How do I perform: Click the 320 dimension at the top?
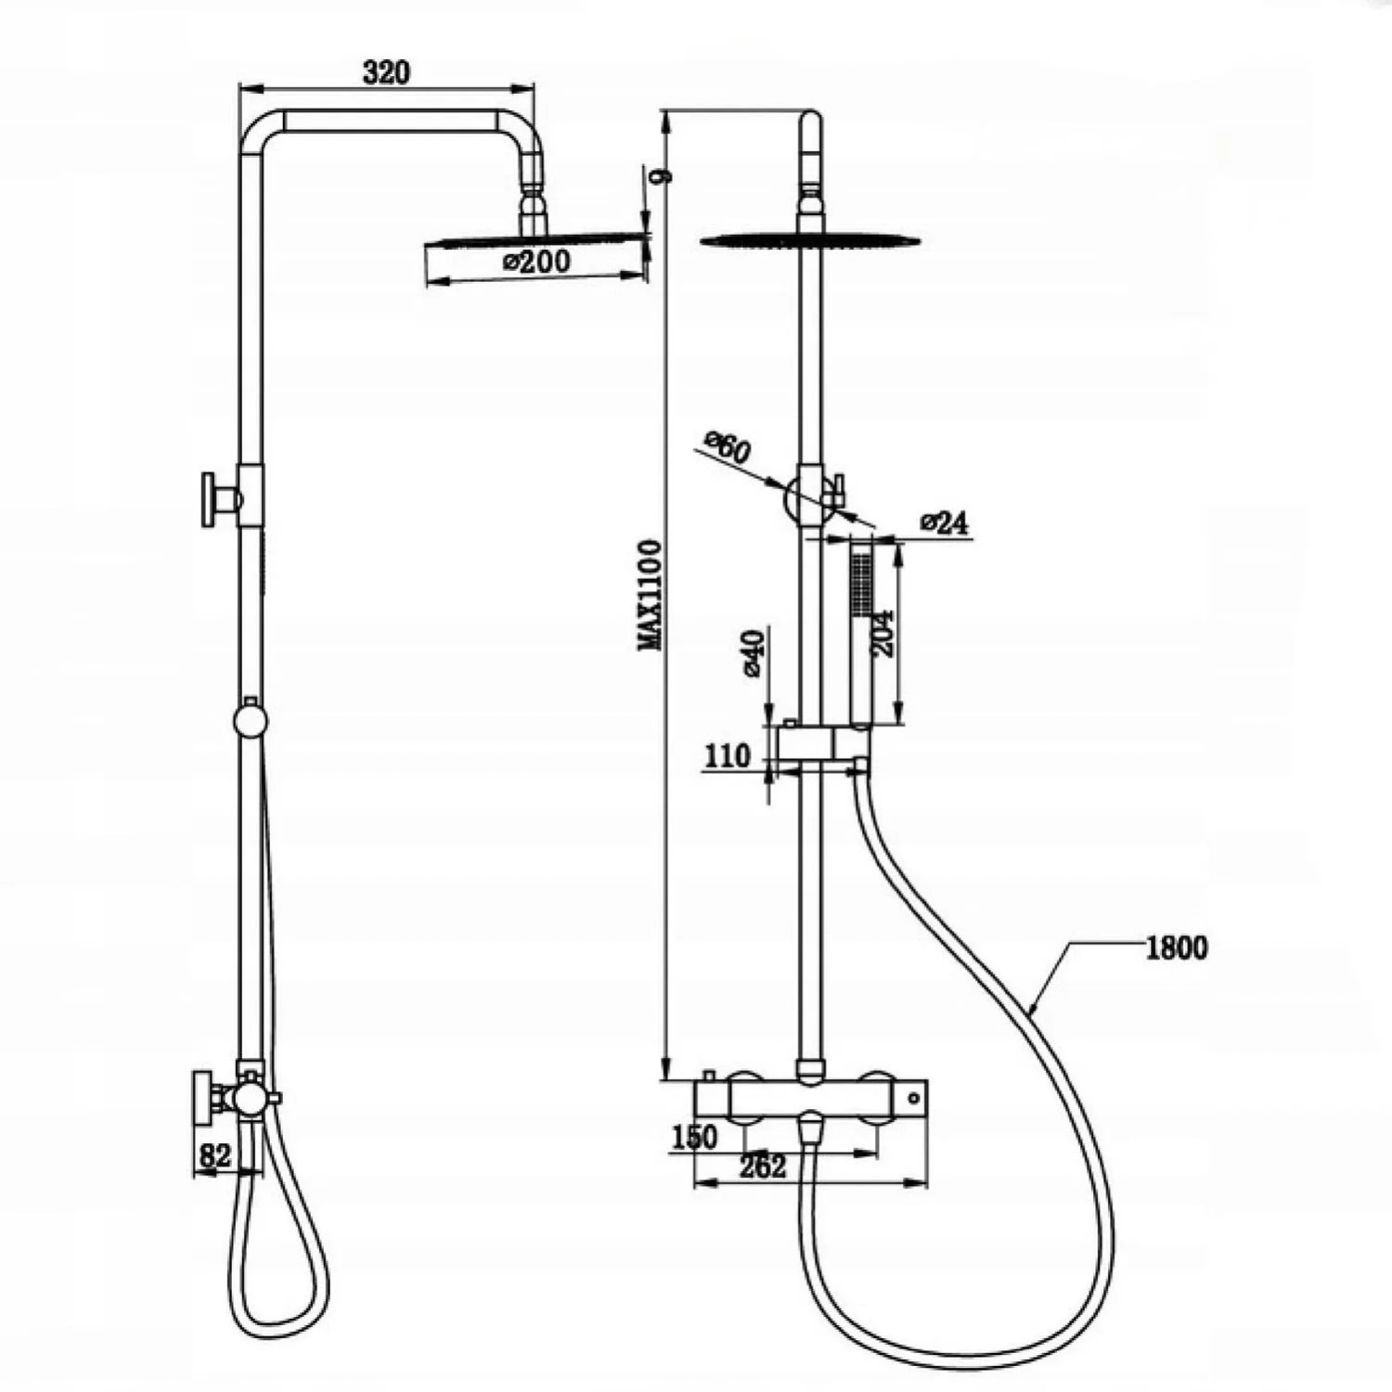[x=386, y=72]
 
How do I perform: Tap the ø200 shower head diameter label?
[x=538, y=262]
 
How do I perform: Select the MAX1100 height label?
[x=652, y=595]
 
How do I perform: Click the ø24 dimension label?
[x=945, y=523]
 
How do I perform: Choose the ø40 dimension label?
[x=753, y=653]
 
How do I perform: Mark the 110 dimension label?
[x=728, y=756]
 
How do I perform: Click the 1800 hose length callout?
[x=1177, y=947]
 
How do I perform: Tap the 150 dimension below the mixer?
[x=694, y=1137]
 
